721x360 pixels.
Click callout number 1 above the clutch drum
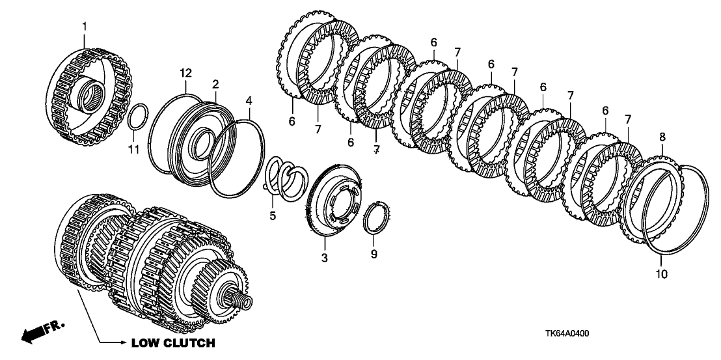click(83, 25)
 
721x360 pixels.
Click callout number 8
click(662, 137)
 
